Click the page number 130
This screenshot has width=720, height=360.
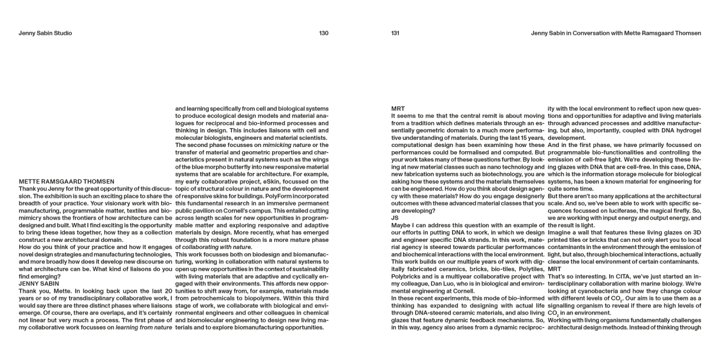[324, 33]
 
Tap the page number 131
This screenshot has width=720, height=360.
[395, 33]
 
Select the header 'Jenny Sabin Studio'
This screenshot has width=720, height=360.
[45, 33]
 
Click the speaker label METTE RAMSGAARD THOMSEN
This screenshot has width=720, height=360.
[66, 181]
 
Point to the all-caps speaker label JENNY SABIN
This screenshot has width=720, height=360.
[39, 284]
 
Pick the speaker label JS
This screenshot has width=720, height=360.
[395, 218]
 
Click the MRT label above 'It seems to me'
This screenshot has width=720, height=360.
[398, 108]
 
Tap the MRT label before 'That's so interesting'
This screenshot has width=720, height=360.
[554, 269]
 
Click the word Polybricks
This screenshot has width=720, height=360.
[406, 276]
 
